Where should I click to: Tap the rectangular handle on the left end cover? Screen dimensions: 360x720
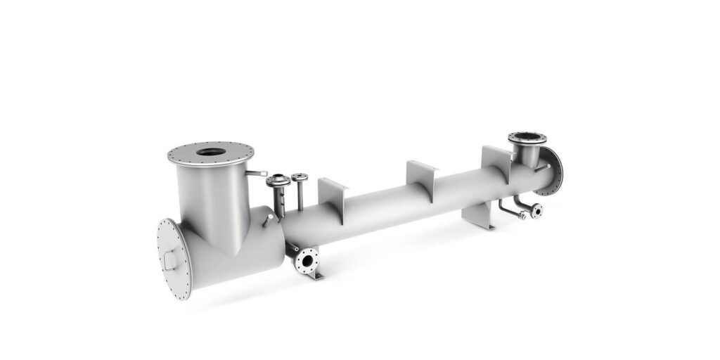[x=169, y=262]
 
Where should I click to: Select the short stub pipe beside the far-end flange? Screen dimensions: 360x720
[x=541, y=167]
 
